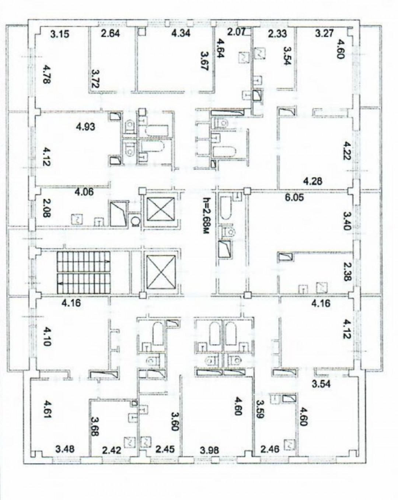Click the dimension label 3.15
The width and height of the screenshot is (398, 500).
coord(60,35)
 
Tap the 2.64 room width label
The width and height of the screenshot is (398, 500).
coord(111,35)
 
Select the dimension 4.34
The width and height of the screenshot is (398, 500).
coord(181,34)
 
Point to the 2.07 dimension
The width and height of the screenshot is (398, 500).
coord(236,32)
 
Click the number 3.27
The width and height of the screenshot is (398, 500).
coord(324,34)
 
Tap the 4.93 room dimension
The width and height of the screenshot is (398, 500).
coord(85,127)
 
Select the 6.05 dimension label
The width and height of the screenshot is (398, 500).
coord(294,197)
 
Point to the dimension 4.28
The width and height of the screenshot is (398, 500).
coord(313,181)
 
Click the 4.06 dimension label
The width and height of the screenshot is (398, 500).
coord(84,192)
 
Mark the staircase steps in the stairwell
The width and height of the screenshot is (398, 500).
coord(84,273)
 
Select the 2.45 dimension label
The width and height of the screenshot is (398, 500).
coord(164,450)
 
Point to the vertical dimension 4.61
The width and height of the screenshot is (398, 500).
coord(47,408)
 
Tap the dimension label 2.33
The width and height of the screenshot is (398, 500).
coord(277,34)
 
